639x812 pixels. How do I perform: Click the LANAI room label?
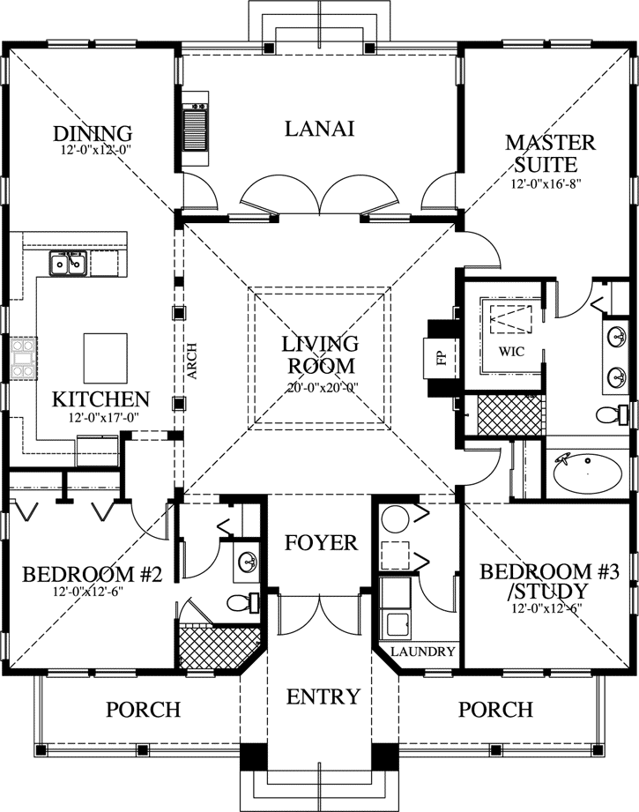319,129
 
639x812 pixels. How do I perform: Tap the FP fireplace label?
442,358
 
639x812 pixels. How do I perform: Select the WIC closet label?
511,352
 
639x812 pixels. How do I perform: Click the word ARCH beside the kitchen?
192,361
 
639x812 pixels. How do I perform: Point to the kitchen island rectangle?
106,358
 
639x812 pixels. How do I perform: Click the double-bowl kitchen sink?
68,263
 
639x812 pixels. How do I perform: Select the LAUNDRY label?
422,651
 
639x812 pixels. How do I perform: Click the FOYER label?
321,543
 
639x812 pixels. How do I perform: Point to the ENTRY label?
323,697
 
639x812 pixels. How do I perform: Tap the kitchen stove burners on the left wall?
24,357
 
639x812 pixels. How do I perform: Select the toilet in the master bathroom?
612,414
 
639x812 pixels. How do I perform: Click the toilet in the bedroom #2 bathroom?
243,603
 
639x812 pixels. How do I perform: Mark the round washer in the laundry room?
395,518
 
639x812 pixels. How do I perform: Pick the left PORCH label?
144,709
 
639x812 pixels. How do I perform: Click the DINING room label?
93,133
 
